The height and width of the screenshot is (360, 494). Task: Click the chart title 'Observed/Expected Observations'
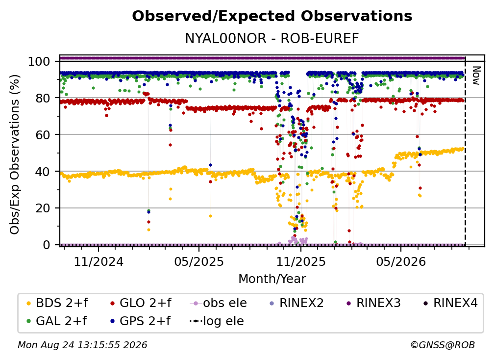point(272,16)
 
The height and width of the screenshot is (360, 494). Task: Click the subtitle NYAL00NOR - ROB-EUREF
point(272,38)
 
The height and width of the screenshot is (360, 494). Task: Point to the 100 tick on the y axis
point(39,61)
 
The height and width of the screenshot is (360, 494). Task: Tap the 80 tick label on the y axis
point(43,98)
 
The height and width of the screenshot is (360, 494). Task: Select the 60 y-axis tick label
point(43,134)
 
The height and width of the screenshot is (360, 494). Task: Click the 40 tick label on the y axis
point(43,172)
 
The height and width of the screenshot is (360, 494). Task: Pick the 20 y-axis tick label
point(43,208)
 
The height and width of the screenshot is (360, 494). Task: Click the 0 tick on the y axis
point(47,245)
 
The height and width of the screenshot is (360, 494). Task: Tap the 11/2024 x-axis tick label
point(99,261)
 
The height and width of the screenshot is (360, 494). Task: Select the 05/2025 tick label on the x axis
point(199,261)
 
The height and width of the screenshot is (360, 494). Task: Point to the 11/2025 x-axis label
point(301,261)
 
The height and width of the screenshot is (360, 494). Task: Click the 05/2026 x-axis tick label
point(401,261)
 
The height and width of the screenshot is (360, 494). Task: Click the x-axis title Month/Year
point(272,279)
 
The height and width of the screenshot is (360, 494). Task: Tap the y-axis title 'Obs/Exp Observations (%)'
point(15,154)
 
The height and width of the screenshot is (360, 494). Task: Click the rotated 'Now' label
point(476,76)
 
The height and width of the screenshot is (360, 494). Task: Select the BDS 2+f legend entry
point(57,303)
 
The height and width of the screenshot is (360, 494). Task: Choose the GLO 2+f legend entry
point(141,303)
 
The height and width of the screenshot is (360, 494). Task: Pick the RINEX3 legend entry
point(373,303)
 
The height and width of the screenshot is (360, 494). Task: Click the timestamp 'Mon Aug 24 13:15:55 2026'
point(82,345)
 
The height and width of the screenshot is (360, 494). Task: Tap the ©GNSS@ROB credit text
point(443,345)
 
